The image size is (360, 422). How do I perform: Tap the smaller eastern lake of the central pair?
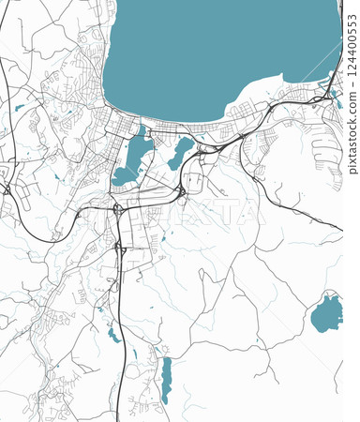click(x=180, y=152)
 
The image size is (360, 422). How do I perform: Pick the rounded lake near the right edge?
click(x=326, y=314)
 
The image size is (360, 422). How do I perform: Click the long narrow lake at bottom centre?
click(x=167, y=380)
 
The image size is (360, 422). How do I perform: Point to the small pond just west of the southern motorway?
click(x=113, y=334)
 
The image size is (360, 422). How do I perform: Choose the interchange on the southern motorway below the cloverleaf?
click(x=119, y=249)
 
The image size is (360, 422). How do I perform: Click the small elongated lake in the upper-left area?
click(x=20, y=108)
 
